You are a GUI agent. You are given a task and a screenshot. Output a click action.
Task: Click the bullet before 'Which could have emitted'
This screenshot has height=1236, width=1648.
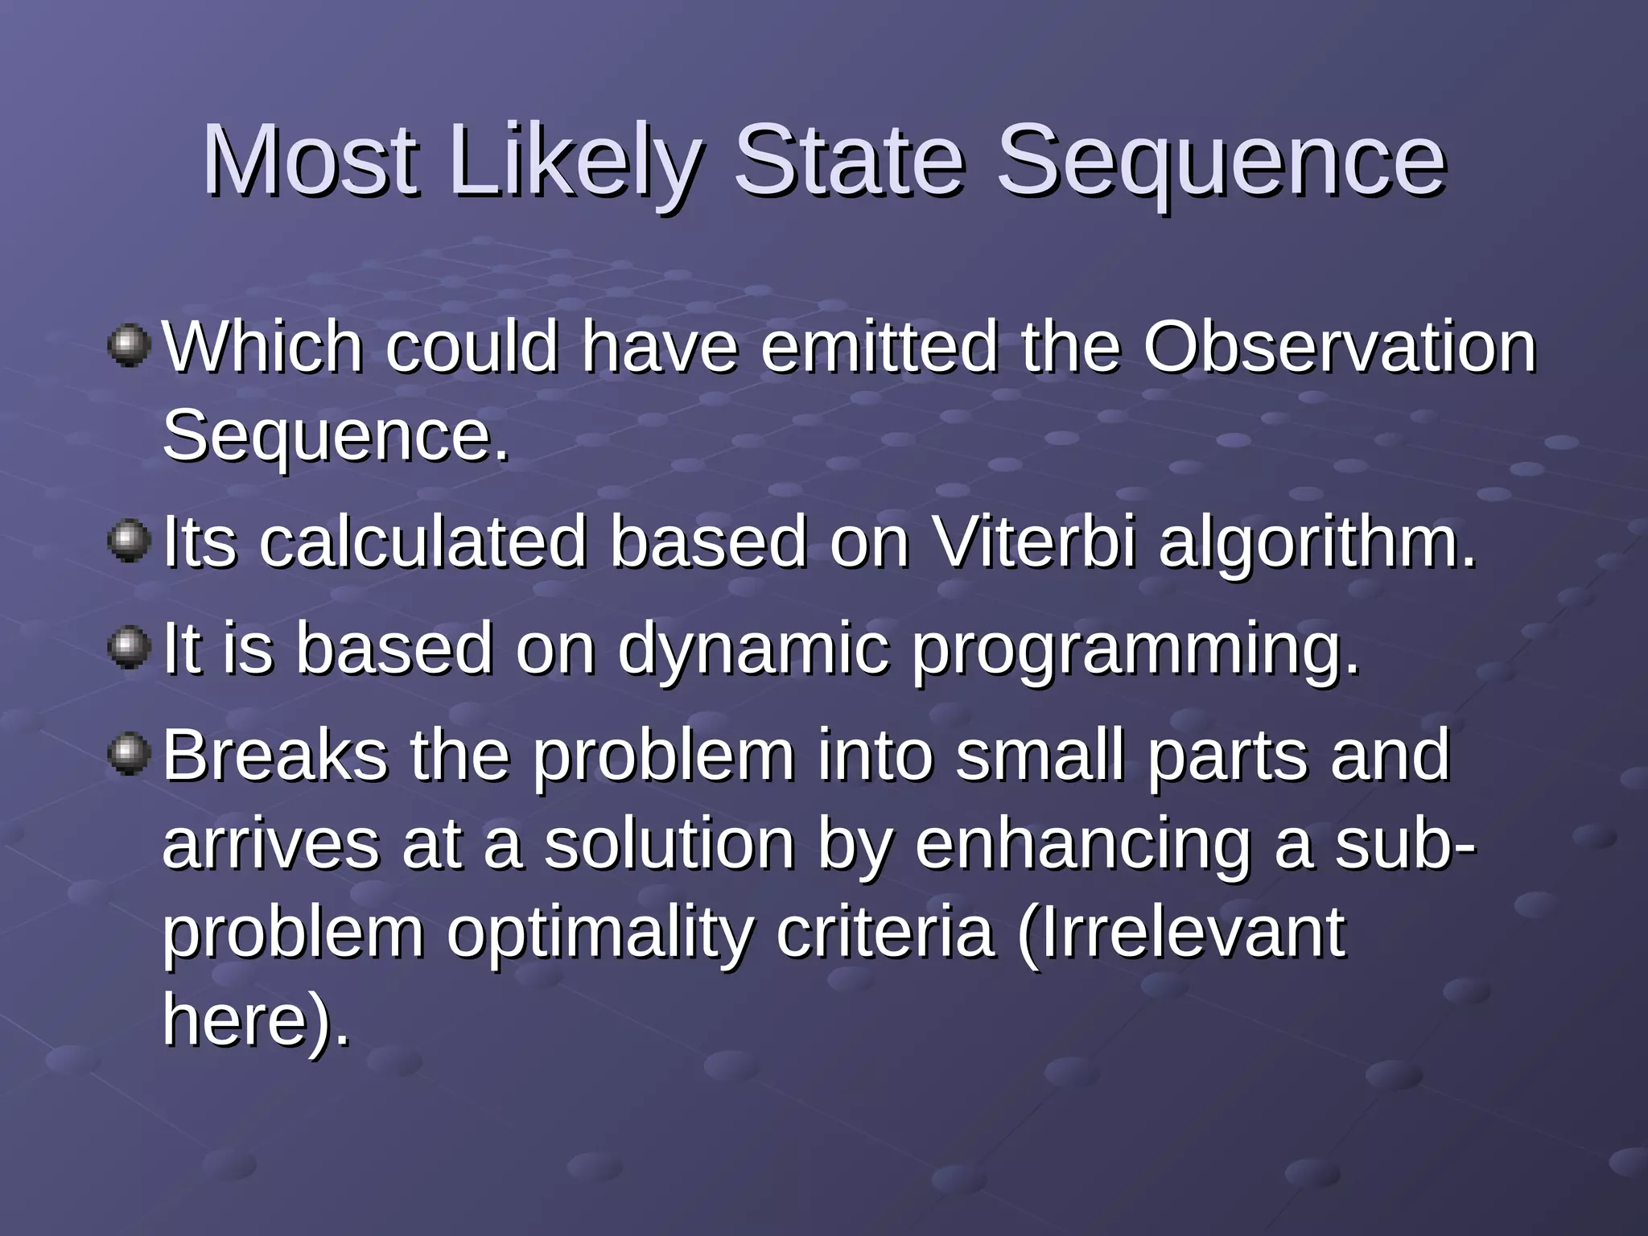click(129, 346)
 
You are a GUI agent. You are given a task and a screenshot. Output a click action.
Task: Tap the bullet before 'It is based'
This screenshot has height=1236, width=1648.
click(129, 648)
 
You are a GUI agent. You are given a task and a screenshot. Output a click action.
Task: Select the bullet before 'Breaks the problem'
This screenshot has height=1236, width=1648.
click(129, 754)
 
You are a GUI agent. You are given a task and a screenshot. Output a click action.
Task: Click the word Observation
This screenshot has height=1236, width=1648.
click(1340, 348)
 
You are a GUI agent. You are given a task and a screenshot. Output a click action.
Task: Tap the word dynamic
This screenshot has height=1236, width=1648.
click(753, 650)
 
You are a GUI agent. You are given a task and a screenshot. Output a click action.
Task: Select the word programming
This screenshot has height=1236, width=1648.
click(1135, 650)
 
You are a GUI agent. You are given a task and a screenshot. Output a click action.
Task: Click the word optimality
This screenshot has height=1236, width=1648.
click(599, 933)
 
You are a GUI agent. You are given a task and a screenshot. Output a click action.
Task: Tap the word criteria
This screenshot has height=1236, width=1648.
click(885, 933)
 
